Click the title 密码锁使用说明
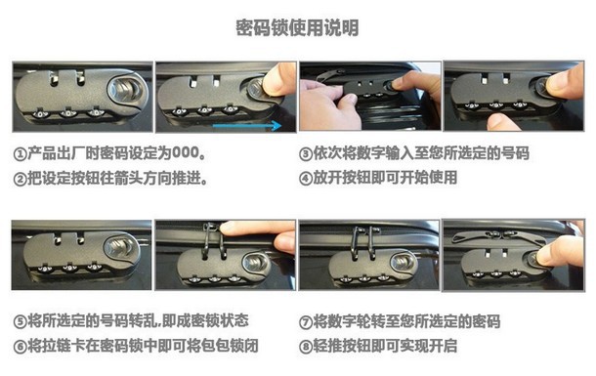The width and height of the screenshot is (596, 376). (x=297, y=27)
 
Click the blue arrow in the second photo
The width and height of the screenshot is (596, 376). (x=246, y=125)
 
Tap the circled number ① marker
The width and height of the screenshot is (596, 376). (x=20, y=154)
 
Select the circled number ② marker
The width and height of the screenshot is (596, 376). (x=20, y=179)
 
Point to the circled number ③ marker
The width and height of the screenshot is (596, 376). (x=306, y=154)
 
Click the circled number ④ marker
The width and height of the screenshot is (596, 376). (x=306, y=179)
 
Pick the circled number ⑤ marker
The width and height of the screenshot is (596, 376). (x=20, y=321)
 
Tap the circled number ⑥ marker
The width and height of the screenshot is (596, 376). (x=20, y=347)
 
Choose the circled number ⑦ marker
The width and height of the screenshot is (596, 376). (x=306, y=322)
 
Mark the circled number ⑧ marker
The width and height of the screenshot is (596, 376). (x=306, y=347)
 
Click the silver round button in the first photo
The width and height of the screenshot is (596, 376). (x=124, y=91)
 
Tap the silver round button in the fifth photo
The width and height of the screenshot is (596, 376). (x=118, y=248)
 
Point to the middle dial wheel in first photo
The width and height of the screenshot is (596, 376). (x=67, y=113)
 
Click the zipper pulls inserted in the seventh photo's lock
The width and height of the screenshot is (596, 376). (x=364, y=242)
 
